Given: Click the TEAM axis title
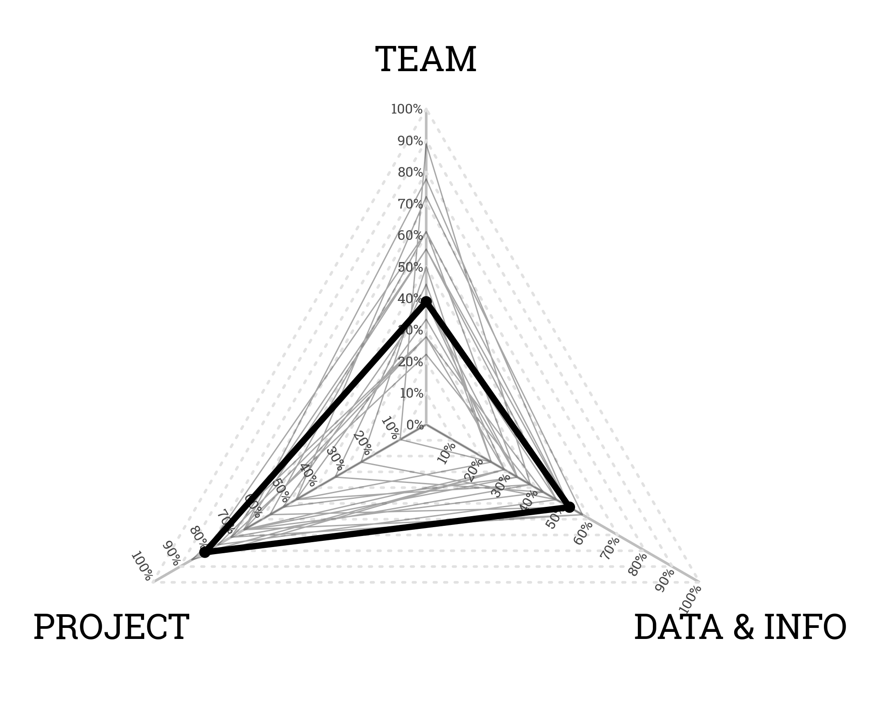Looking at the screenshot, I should [x=426, y=60].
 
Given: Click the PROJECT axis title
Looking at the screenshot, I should [x=111, y=627].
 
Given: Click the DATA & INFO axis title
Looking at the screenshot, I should [x=740, y=627].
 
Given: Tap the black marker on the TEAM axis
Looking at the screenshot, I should [x=426, y=302].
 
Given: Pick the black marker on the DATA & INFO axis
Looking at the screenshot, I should [x=570, y=507].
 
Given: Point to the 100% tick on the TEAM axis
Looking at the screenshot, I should [x=407, y=109].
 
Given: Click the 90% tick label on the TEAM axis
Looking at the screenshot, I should [x=410, y=141].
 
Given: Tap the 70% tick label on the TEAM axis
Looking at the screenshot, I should [x=410, y=205].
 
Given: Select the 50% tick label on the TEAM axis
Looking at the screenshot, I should [x=410, y=268].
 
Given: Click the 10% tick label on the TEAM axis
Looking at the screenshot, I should [x=412, y=393].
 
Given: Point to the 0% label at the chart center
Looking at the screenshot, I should [x=415, y=425].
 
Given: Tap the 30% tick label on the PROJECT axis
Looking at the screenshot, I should [x=336, y=459].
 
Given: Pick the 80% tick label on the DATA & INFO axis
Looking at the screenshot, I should [x=637, y=564].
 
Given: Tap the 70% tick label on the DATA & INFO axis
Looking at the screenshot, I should [x=610, y=548].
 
